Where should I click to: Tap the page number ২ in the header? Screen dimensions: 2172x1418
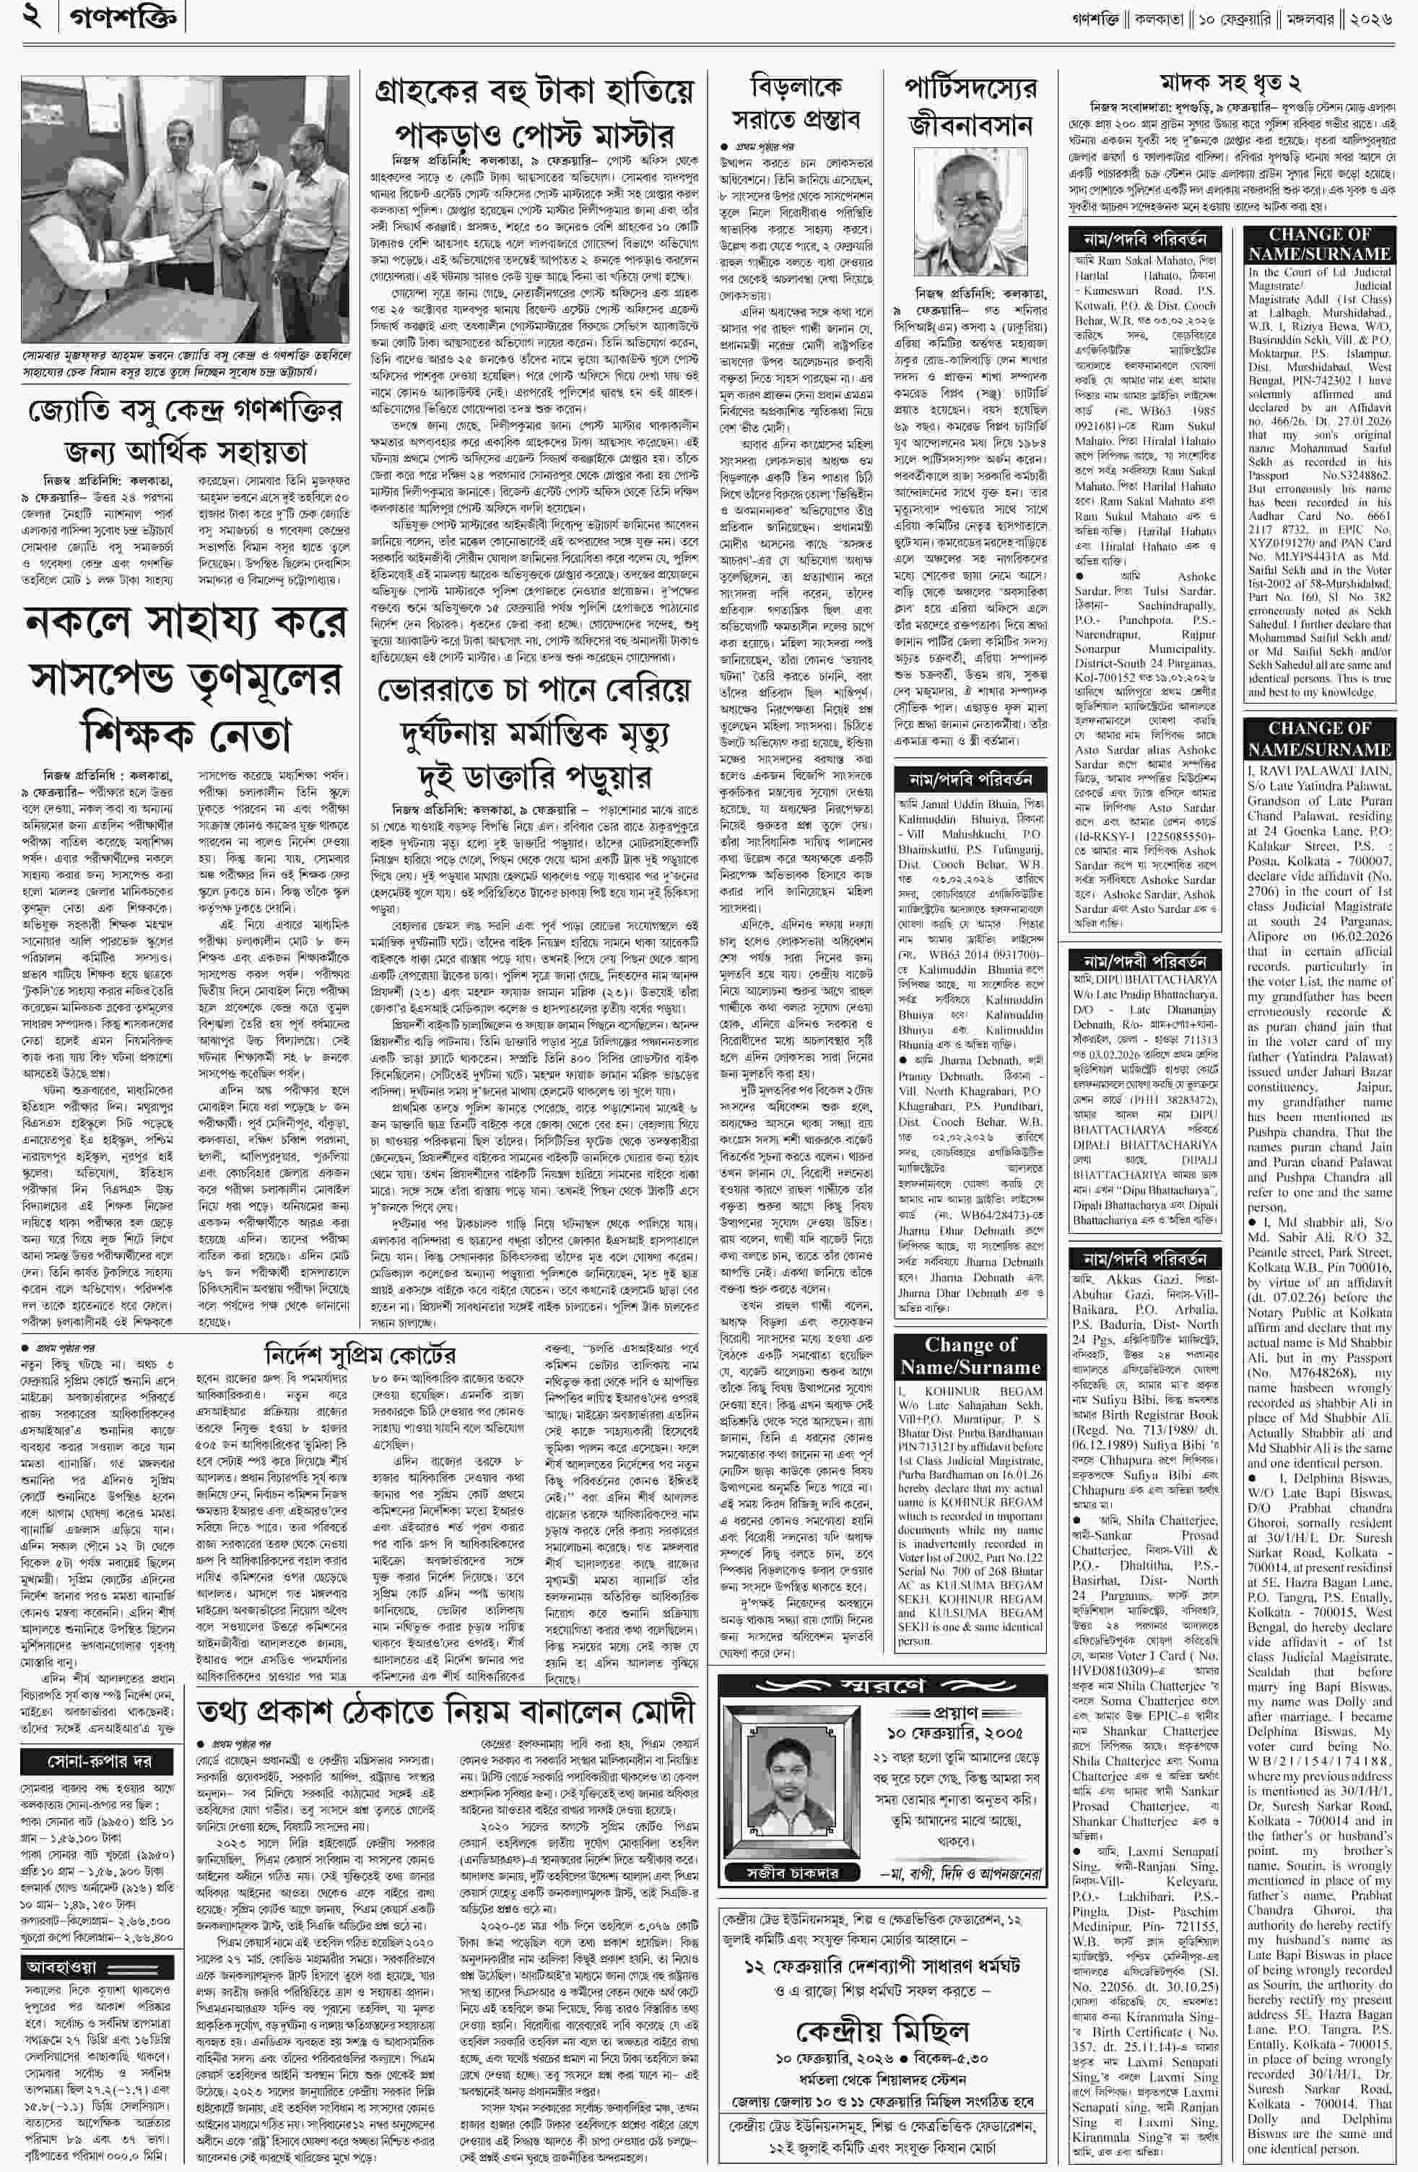[x=32, y=17]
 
